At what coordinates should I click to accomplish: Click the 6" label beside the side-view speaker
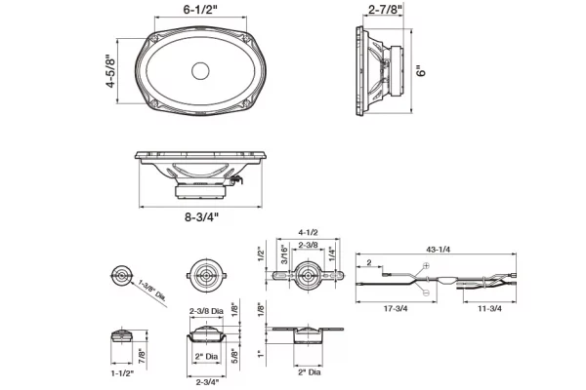tap(420, 70)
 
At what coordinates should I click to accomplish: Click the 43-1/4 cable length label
tap(438, 250)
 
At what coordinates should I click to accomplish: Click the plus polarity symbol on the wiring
tap(427, 266)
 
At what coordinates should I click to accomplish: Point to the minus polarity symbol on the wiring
tap(427, 291)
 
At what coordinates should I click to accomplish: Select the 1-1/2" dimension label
tap(120, 372)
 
